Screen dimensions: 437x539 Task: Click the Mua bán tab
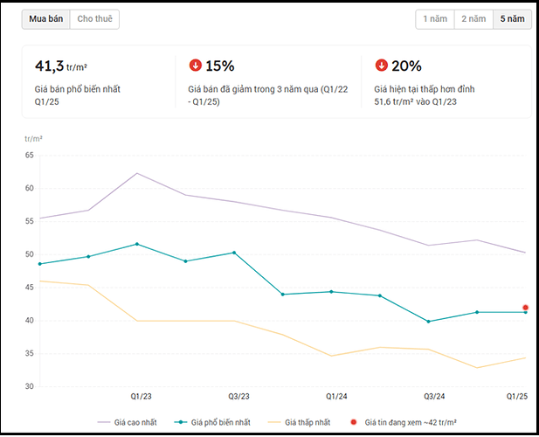point(46,18)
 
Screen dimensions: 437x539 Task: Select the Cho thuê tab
point(94,18)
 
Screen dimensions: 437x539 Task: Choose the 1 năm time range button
point(435,18)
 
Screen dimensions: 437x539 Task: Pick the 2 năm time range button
point(473,18)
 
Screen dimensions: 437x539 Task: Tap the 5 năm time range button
point(512,18)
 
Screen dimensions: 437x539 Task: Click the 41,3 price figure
point(49,66)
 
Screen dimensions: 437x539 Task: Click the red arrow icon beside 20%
point(381,66)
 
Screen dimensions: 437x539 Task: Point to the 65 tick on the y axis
point(29,155)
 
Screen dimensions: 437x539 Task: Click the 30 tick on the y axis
point(29,386)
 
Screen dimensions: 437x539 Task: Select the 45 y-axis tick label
point(29,288)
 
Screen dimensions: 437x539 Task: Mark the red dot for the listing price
point(525,308)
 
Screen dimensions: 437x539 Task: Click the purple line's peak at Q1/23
point(137,173)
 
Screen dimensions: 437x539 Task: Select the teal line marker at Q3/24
point(428,322)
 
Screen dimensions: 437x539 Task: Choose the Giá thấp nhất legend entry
point(301,422)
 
